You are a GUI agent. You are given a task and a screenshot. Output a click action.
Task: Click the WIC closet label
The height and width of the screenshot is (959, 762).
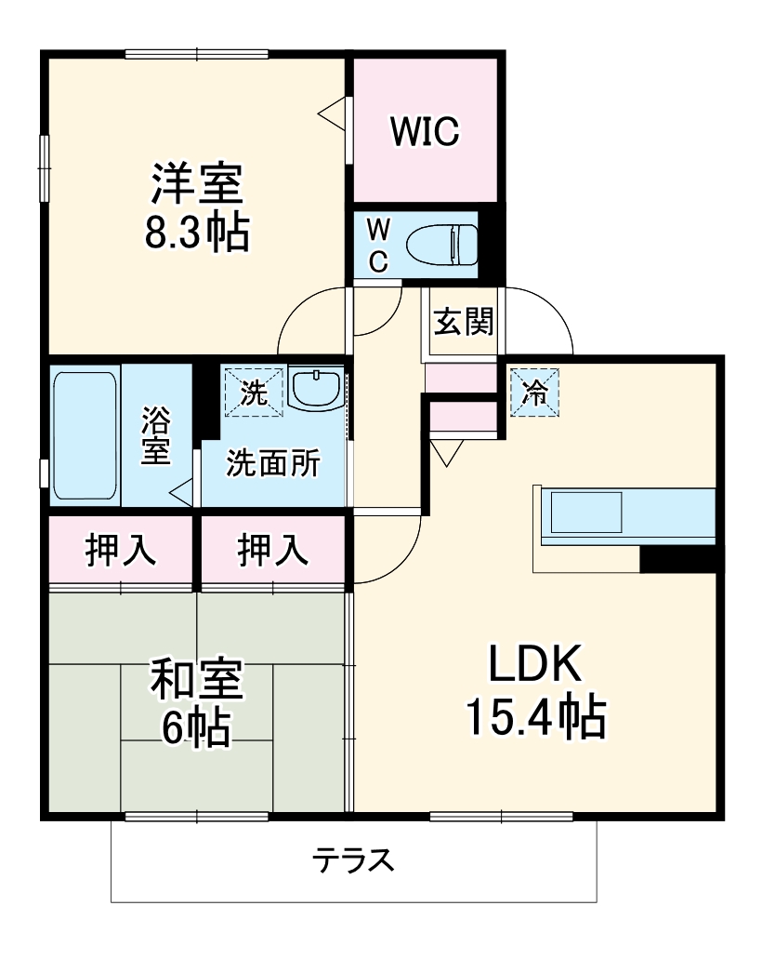pos(425,132)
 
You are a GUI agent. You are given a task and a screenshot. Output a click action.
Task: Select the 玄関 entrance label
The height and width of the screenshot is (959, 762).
pos(463,325)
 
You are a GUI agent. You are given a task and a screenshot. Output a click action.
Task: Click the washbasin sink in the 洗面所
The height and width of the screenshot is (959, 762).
pos(316,388)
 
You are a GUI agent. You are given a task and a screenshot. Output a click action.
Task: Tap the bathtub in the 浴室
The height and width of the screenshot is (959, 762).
pos(85,435)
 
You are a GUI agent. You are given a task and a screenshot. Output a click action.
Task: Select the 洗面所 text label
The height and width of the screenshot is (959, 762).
pos(273,462)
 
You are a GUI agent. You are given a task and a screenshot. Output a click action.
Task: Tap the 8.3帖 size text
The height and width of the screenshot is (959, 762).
pos(197,233)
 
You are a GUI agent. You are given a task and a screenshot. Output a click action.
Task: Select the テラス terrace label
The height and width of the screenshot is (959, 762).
pos(353,860)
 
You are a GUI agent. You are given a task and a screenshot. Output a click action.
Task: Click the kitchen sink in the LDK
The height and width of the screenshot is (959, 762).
pos(585,513)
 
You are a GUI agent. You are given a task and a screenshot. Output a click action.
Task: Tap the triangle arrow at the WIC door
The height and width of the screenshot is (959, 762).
pos(332,113)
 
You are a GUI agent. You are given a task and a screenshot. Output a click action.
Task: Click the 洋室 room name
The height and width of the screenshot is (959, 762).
pos(197,184)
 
